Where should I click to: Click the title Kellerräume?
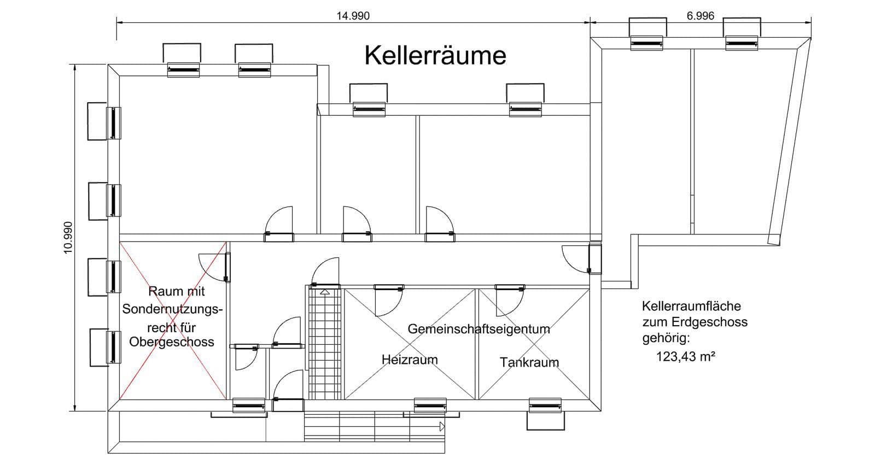click(x=435, y=56)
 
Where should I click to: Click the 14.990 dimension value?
click(x=353, y=16)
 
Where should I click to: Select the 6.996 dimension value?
click(x=700, y=16)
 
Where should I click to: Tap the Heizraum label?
click(x=410, y=360)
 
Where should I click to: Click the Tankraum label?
click(x=529, y=362)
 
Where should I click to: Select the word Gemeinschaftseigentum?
click(x=479, y=329)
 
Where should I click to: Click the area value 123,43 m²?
click(x=686, y=357)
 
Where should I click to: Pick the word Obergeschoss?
click(x=172, y=342)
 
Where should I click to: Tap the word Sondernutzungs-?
click(x=172, y=310)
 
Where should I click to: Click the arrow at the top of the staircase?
click(x=325, y=292)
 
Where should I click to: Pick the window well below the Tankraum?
click(x=545, y=419)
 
